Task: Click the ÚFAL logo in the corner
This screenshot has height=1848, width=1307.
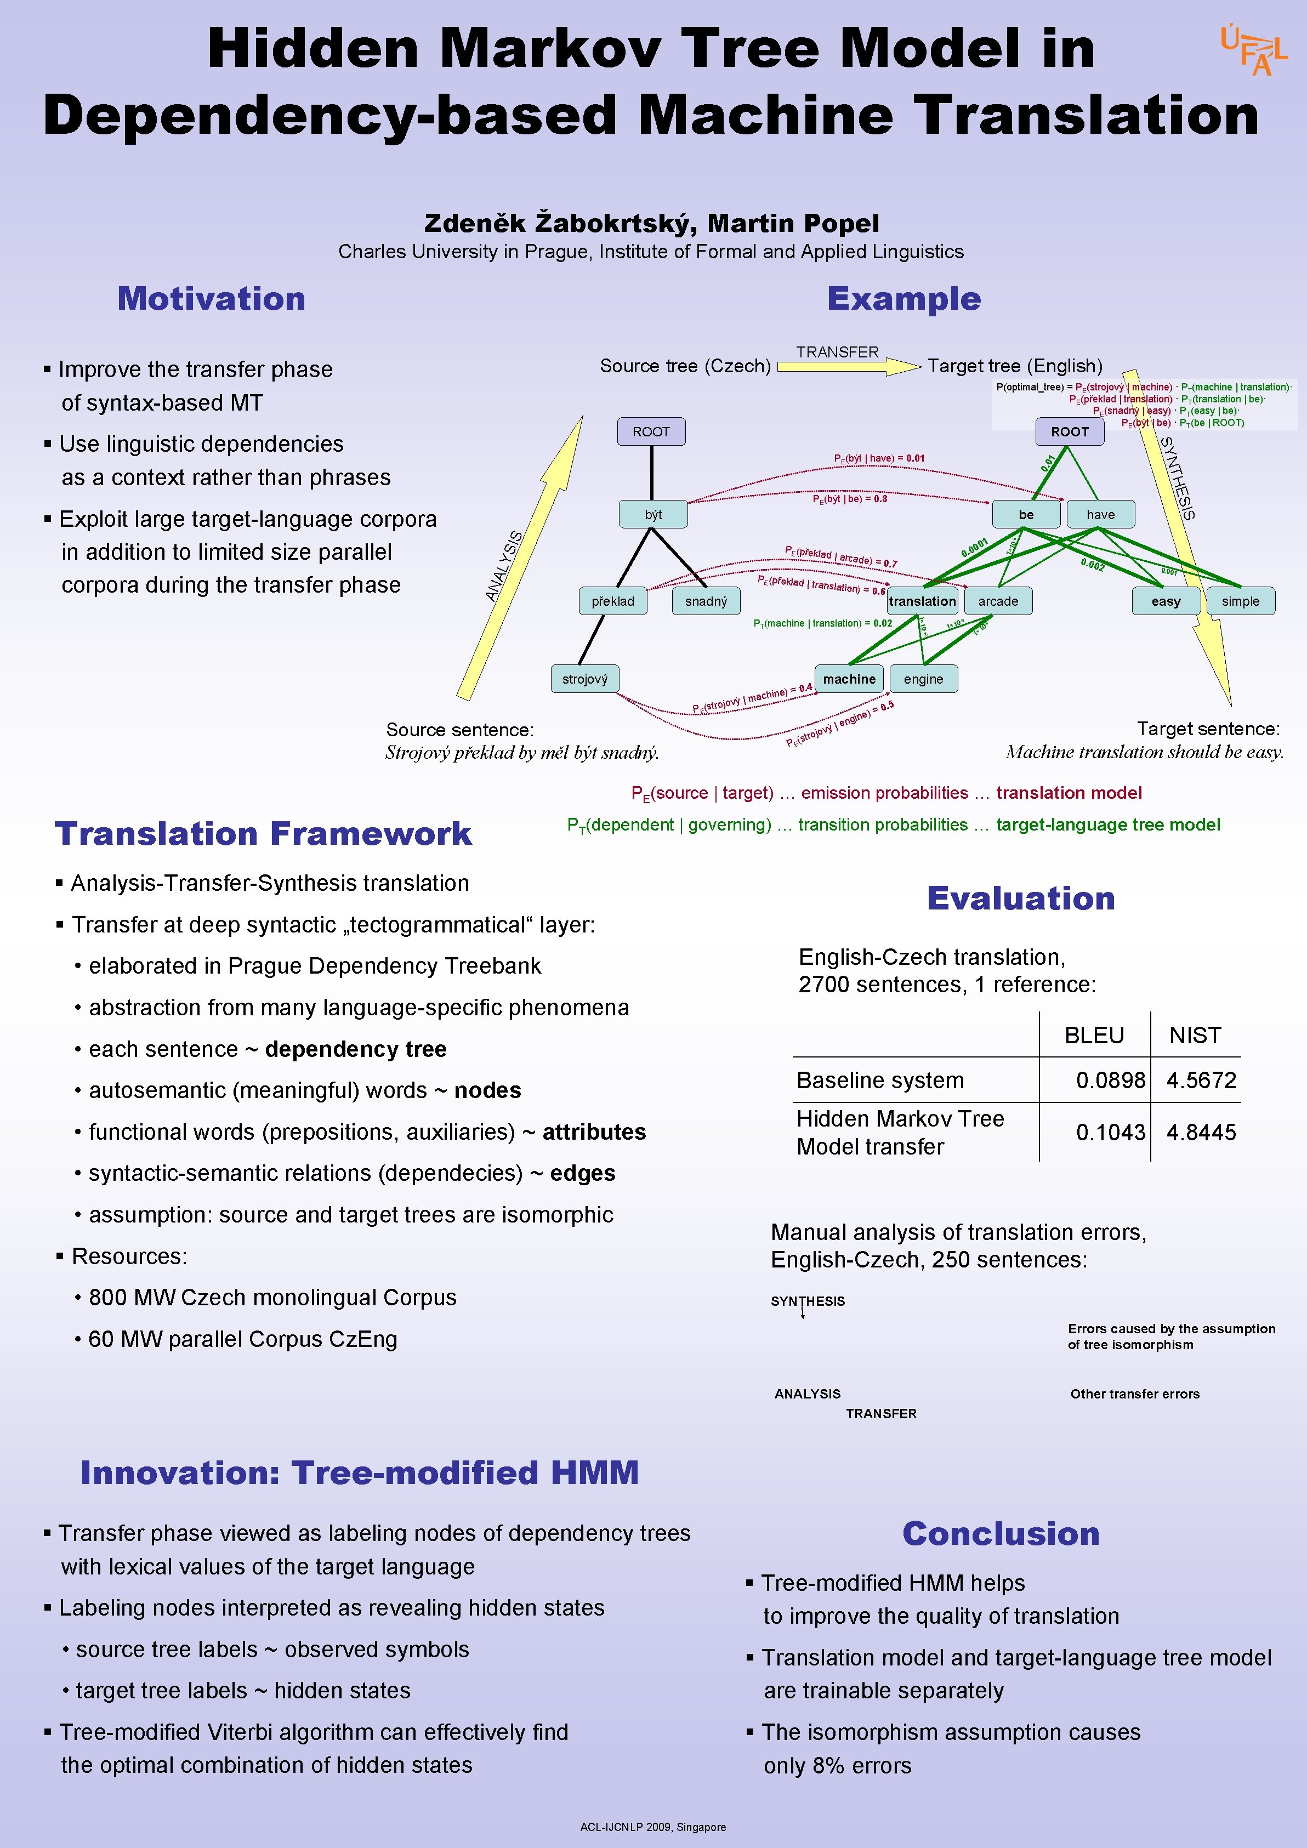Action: (x=1254, y=50)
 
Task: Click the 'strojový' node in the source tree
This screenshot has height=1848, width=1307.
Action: (x=585, y=679)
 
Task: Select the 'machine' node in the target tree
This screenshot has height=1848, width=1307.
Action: (x=849, y=679)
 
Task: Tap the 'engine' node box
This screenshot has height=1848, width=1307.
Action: (x=923, y=679)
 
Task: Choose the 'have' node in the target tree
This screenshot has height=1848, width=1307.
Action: (x=1100, y=514)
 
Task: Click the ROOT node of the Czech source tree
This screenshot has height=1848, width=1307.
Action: (x=651, y=431)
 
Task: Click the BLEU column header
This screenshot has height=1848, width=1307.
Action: (x=1094, y=1035)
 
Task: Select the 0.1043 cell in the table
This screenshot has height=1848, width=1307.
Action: (x=1111, y=1133)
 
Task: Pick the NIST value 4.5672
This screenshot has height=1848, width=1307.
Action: (x=1201, y=1080)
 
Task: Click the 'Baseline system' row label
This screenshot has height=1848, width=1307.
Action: (x=880, y=1080)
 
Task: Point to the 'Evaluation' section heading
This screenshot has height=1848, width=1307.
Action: (x=1020, y=899)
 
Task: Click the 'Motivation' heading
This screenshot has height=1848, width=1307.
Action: (x=212, y=299)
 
